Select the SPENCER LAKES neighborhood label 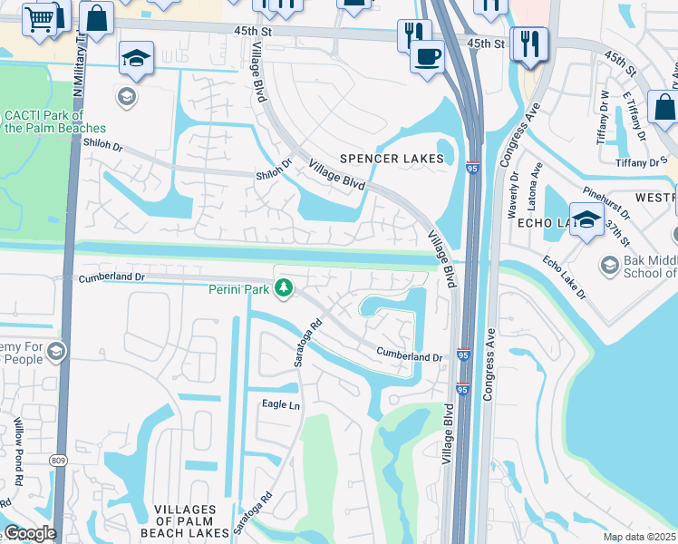coord(392,159)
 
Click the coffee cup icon coord(426,56)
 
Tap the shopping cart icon coord(39,18)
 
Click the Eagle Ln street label coord(280,404)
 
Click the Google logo coord(30,533)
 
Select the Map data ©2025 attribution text coord(640,537)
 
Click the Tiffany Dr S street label coord(642,162)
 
